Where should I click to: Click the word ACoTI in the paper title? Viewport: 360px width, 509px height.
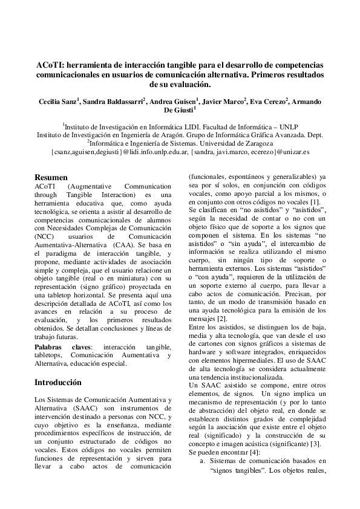pos(50,65)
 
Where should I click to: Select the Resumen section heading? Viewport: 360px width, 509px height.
pos(51,178)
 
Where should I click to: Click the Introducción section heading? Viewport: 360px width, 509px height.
pos(57,382)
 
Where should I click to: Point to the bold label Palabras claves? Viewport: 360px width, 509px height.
pos(63,347)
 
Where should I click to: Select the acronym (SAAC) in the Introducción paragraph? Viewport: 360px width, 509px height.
pos(86,409)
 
